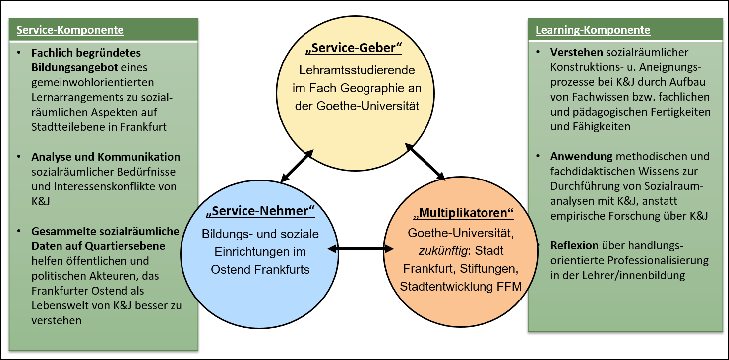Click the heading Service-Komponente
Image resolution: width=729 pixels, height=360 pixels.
tap(70, 30)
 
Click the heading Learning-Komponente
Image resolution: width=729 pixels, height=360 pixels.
tap(593, 30)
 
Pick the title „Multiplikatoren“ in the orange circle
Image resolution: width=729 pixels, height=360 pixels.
tap(463, 213)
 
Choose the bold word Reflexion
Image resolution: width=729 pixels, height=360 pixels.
tap(575, 246)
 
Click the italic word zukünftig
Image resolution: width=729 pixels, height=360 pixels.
tap(443, 250)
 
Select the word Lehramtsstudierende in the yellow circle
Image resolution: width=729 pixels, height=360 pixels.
tap(357, 70)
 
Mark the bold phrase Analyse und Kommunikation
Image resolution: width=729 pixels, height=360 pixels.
tap(106, 157)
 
